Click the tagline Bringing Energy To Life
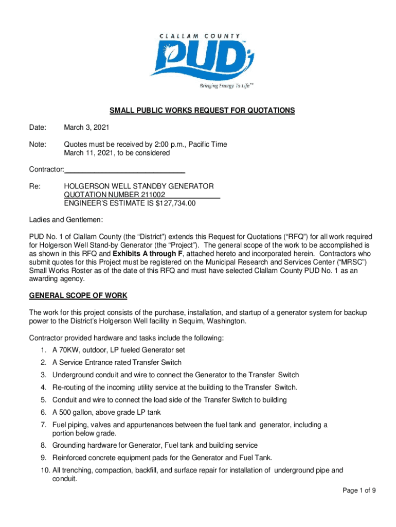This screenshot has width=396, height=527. point(226,85)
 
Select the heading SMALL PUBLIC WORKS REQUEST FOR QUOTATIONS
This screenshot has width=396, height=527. point(202,111)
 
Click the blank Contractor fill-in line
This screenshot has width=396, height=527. point(125,169)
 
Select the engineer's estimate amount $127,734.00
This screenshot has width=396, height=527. point(175,204)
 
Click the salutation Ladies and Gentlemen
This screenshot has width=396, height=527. point(66,220)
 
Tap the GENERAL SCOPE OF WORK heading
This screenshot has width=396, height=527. point(78,296)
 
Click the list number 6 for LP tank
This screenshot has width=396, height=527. point(44,412)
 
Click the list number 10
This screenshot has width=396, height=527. point(43,470)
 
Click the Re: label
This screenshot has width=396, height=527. point(34,186)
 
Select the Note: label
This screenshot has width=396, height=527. point(38,145)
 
